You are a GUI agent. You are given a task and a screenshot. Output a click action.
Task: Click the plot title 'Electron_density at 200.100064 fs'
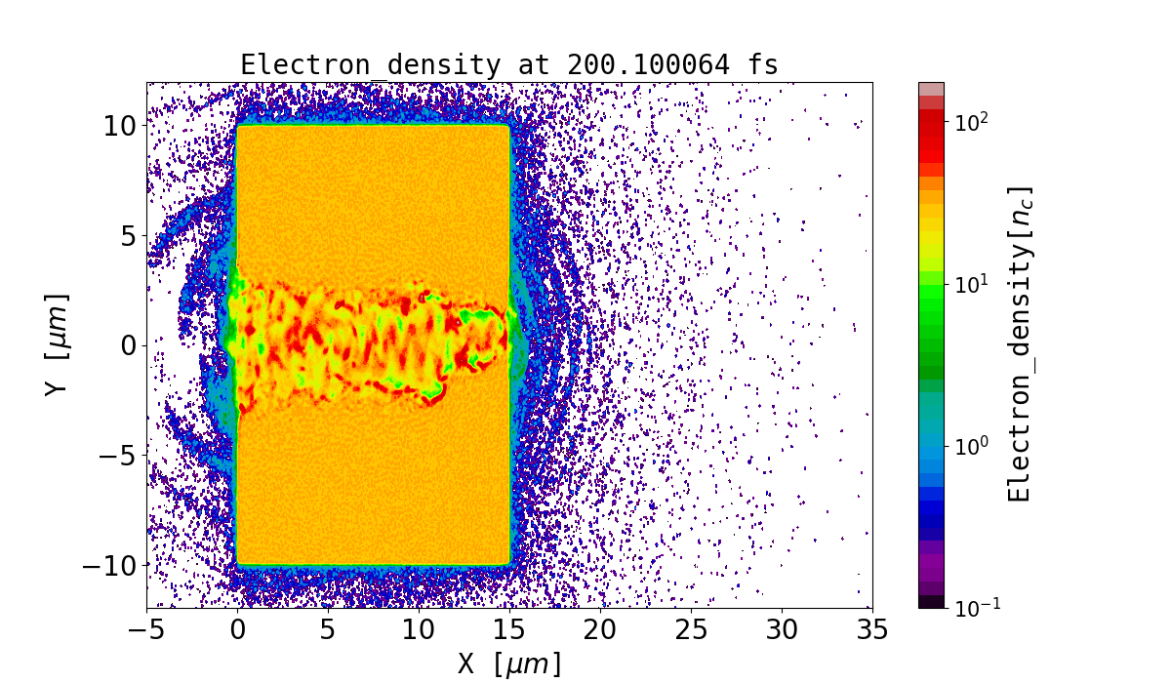pyautogui.click(x=509, y=65)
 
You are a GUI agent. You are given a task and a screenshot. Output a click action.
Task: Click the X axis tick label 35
pyautogui.click(x=871, y=630)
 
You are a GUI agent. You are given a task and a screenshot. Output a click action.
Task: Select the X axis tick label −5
pyautogui.click(x=147, y=630)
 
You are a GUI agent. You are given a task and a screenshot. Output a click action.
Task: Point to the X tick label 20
pyautogui.click(x=600, y=630)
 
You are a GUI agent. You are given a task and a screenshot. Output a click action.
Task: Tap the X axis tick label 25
pyautogui.click(x=691, y=630)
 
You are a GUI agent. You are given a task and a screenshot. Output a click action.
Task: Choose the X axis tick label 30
pyautogui.click(x=782, y=630)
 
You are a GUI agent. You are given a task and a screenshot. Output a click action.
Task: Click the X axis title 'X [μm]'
pyautogui.click(x=509, y=663)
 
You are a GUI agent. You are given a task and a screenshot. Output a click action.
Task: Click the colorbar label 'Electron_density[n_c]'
pyautogui.click(x=1020, y=344)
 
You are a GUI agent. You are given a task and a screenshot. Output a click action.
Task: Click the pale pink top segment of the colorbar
pyautogui.click(x=931, y=89)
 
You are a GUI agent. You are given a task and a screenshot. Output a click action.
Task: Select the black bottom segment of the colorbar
pyautogui.click(x=931, y=602)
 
